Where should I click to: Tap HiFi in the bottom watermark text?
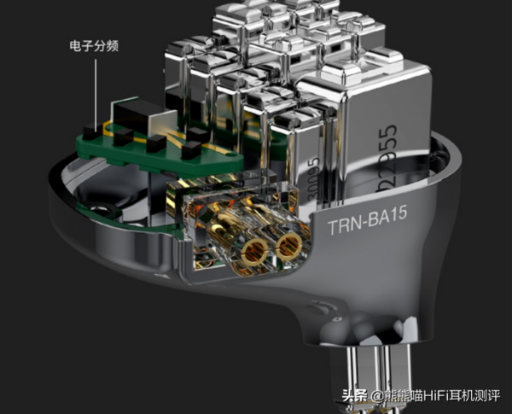point(435,396)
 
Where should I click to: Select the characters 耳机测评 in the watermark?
point(477,396)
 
